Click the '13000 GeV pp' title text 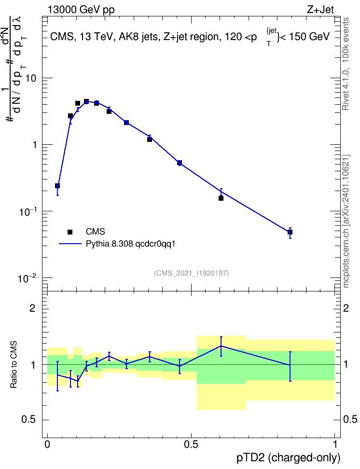pyautogui.click(x=81, y=10)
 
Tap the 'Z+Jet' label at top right pyautogui.click(x=320, y=10)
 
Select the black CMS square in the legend pyautogui.click(x=70, y=232)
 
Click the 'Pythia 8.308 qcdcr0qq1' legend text pyautogui.click(x=130, y=244)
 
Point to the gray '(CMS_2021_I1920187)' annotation pyautogui.click(x=192, y=273)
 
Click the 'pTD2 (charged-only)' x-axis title pyautogui.click(x=289, y=457)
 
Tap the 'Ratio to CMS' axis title pyautogui.click(x=14, y=365)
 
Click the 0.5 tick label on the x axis pyautogui.click(x=191, y=444)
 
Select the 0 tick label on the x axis pyautogui.click(x=47, y=444)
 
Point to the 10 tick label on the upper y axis pyautogui.click(x=30, y=78)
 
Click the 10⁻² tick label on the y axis pyautogui.click(x=27, y=278)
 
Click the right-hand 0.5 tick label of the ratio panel pyautogui.click(x=350, y=420)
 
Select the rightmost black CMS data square pyautogui.click(x=290, y=232)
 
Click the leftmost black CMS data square pyautogui.click(x=57, y=186)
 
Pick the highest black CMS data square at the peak pyautogui.click(x=86, y=101)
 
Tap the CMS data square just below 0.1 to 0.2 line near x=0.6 pyautogui.click(x=221, y=198)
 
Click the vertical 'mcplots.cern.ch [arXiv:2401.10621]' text pyautogui.click(x=346, y=221)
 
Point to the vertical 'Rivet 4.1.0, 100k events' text pyautogui.click(x=346, y=64)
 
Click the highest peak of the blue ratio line pyautogui.click(x=221, y=346)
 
